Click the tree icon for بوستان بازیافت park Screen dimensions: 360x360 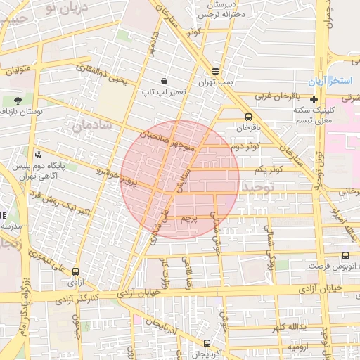17,101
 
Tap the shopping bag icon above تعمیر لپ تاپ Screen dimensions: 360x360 164,81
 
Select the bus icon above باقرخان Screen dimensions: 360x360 247,117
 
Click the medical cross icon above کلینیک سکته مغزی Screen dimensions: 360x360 314,99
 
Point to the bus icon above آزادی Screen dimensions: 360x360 75,271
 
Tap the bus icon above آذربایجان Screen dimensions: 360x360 206,344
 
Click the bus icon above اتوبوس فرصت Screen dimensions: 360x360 345,256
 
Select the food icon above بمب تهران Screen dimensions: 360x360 215,71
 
